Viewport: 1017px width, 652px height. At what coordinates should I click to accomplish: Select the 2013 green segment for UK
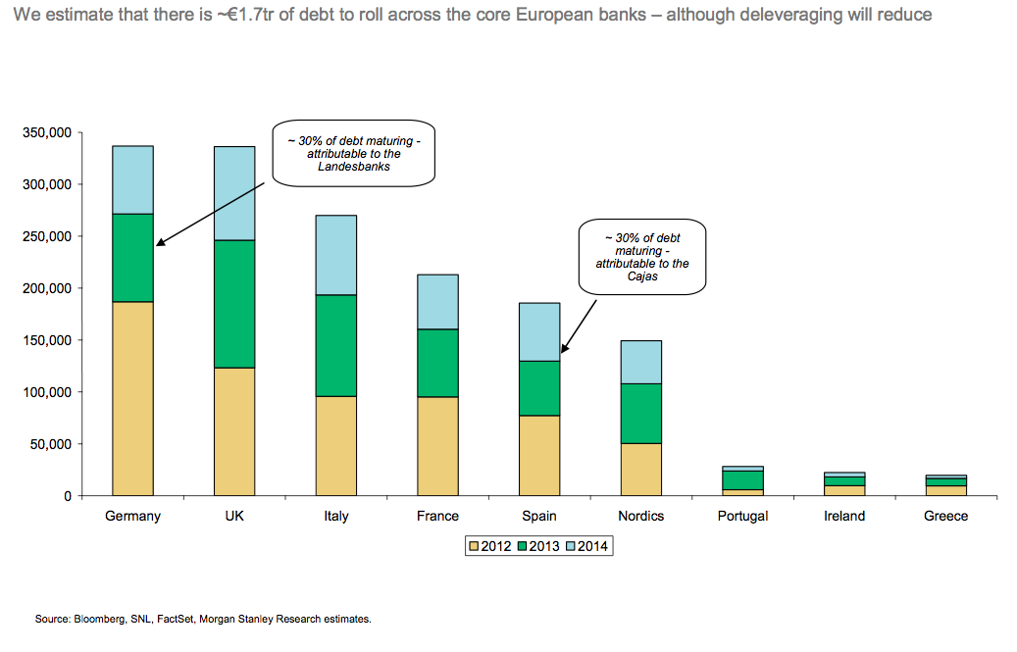tap(234, 304)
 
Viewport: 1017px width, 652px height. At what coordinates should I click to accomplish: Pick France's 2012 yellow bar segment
tap(437, 446)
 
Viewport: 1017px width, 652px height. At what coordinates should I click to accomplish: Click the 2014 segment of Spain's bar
tap(539, 331)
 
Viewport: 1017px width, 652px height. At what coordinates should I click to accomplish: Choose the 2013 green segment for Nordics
tap(641, 413)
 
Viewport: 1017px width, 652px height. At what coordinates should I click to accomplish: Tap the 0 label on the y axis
tap(67, 496)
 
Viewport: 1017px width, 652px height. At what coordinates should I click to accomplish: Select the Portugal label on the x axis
tap(742, 516)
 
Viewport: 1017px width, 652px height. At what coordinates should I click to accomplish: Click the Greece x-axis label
tap(945, 516)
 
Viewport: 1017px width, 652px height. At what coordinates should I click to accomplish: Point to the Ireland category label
tap(844, 516)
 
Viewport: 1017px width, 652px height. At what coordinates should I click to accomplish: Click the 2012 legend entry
tap(490, 546)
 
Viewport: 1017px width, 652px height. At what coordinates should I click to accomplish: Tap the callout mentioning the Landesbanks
tap(353, 154)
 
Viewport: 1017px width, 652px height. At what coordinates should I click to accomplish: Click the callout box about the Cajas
tap(642, 257)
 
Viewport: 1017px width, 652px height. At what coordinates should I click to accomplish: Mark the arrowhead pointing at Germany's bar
tap(159, 243)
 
